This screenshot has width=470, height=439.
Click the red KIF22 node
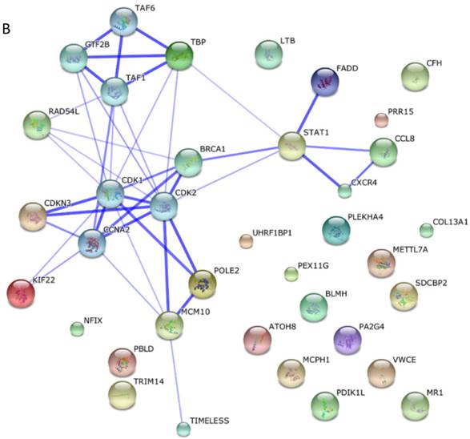21,293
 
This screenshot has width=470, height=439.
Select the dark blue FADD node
325,82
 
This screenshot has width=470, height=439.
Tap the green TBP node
179,56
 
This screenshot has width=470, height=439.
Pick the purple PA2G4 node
347,340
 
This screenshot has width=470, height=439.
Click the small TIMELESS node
183,429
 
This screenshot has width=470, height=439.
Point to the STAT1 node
292,146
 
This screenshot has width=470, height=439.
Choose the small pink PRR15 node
381,120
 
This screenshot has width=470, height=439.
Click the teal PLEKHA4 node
336,230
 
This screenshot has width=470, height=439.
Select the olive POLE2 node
203,284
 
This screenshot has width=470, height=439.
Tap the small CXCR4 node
345,191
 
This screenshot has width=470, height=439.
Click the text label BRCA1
212,149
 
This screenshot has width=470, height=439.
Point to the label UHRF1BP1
272,232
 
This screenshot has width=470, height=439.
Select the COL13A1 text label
450,222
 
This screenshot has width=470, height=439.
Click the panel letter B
6,29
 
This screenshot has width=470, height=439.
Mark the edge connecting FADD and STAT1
307,113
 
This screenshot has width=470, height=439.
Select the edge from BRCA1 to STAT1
240,154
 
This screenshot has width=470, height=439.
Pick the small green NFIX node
77,329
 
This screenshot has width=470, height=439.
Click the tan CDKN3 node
33,216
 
